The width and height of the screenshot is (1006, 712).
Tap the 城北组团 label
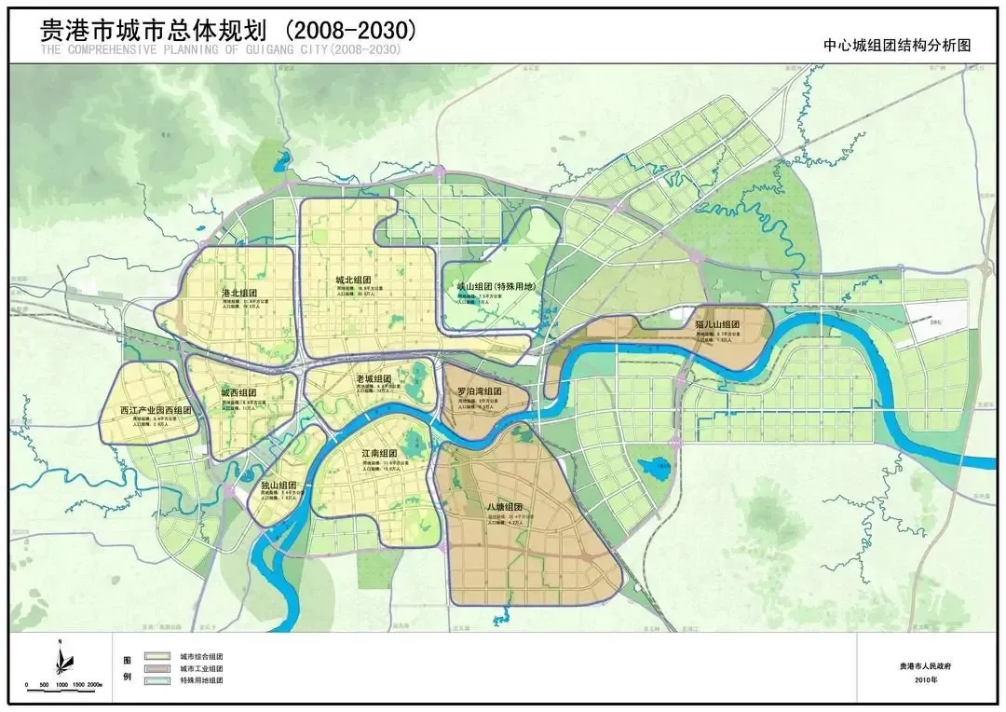354,280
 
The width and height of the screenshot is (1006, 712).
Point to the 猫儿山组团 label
716,325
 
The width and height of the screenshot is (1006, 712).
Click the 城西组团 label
238,393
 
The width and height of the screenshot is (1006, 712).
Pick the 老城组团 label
374,380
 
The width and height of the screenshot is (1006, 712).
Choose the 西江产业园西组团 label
156,410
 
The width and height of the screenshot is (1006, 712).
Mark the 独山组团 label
278,485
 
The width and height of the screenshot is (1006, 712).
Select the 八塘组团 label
504,507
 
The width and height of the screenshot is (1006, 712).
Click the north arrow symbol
60,658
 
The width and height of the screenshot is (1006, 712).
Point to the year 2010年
927,680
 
